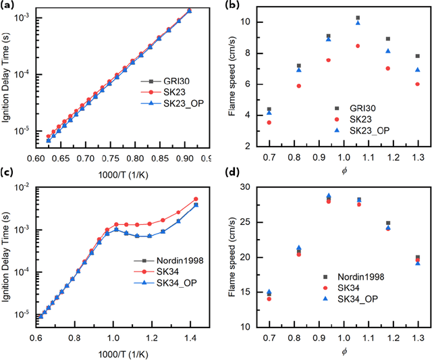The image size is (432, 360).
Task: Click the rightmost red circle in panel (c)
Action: click(196, 199)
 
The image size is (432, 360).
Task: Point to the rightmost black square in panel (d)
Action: click(418, 257)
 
